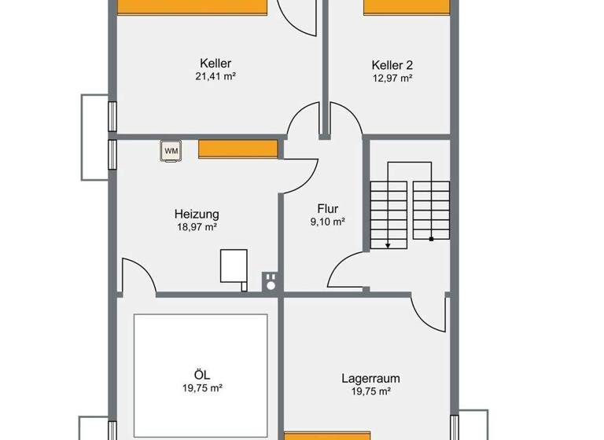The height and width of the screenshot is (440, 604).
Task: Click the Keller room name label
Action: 215,64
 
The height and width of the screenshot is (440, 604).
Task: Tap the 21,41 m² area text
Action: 215,77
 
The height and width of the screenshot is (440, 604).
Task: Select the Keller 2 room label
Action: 392,64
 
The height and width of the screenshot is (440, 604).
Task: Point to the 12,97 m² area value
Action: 392,78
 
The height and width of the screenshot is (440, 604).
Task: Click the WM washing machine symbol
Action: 171,149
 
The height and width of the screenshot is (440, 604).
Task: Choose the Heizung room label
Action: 196,214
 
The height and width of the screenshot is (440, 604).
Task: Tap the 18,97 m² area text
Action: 196,226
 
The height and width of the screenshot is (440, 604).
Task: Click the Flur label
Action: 327,209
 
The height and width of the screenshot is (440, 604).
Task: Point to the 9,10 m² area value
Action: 327,222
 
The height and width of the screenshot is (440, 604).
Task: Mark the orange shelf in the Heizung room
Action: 238,148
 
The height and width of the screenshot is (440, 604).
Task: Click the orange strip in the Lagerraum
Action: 326,435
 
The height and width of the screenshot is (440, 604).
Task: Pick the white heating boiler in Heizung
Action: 233,265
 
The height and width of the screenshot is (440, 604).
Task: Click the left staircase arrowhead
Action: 389,244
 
